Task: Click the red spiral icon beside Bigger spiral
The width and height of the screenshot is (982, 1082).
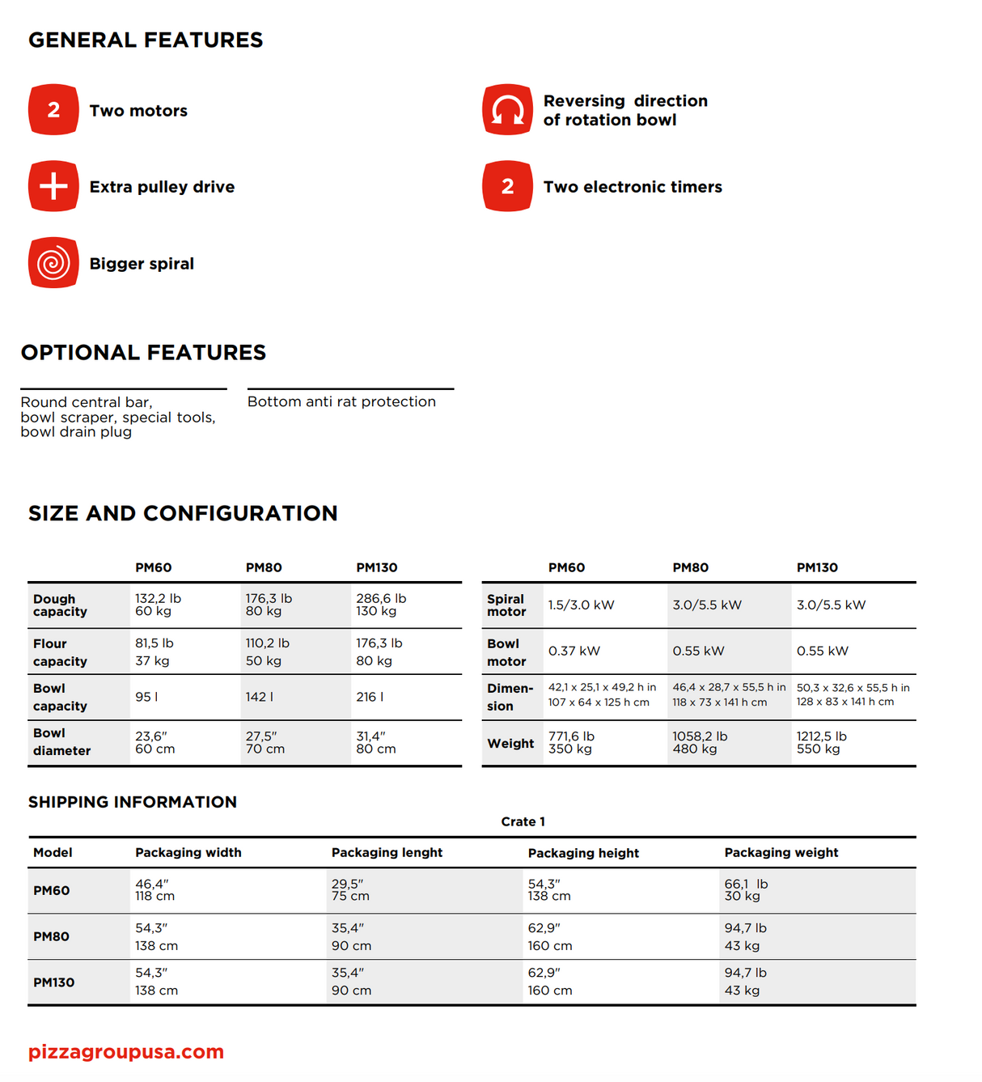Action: [53, 263]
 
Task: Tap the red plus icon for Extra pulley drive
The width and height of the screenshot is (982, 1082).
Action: [53, 186]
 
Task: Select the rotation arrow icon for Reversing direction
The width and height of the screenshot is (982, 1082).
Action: [507, 109]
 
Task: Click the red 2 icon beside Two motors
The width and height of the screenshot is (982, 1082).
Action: [53, 109]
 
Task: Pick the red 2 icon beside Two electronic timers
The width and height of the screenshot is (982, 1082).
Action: [507, 186]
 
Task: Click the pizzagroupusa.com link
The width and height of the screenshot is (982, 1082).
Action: [126, 1051]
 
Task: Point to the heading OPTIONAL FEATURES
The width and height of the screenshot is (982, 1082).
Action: [143, 353]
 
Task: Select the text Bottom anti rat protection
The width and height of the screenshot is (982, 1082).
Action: [341, 401]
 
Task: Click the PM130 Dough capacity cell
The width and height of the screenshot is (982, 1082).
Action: [381, 605]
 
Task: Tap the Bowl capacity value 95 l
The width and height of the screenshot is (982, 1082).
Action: [146, 697]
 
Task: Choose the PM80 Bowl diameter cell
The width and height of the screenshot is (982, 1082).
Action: [265, 742]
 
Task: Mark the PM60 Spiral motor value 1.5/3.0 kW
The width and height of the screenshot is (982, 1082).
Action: [581, 605]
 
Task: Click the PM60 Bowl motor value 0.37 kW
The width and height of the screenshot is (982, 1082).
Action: [574, 651]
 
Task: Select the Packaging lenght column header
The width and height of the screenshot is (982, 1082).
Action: [387, 852]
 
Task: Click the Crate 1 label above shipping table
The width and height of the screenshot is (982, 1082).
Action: [523, 821]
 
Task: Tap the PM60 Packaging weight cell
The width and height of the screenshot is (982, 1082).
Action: [746, 890]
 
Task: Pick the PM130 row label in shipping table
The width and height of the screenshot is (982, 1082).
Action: [54, 982]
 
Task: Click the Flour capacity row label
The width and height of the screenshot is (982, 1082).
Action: [60, 652]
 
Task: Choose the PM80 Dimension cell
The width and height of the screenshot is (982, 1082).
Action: [728, 694]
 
